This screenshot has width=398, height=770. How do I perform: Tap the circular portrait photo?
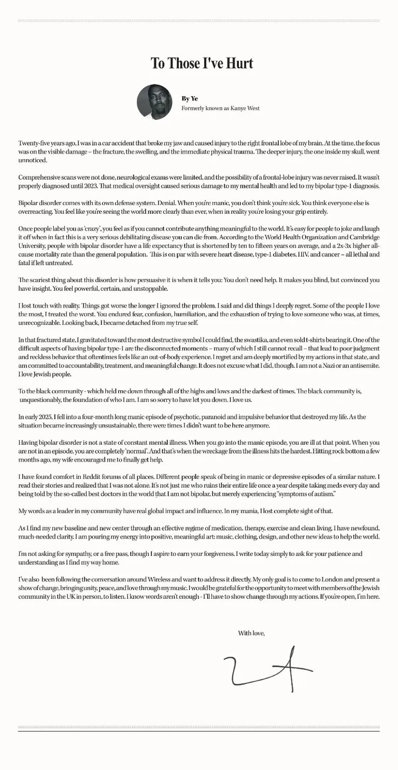[154, 102]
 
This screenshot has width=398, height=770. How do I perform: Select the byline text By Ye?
[189, 99]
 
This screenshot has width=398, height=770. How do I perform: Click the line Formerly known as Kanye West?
[220, 108]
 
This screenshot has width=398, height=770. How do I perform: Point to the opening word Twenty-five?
[34, 143]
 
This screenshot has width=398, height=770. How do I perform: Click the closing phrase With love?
[251, 633]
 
